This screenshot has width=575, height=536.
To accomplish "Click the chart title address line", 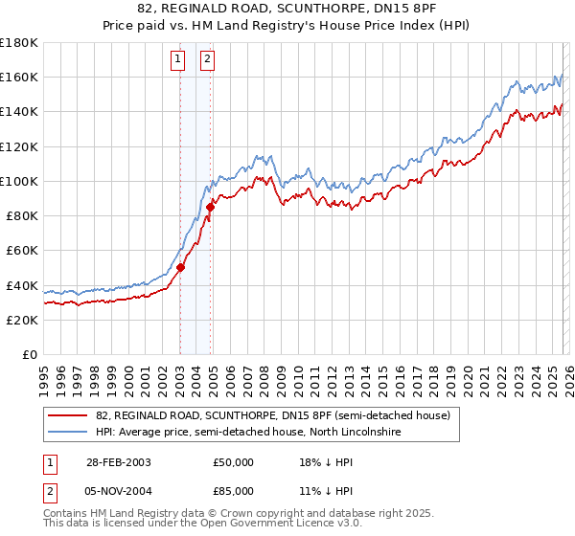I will (287, 9).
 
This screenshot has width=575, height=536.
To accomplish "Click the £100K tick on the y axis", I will (18, 181).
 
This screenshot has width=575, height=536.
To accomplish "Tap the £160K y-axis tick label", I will (18, 77).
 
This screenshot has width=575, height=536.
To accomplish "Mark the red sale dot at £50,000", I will (180, 268).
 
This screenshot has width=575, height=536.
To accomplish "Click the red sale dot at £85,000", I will (209, 207).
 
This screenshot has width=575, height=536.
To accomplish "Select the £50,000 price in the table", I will (234, 461).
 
